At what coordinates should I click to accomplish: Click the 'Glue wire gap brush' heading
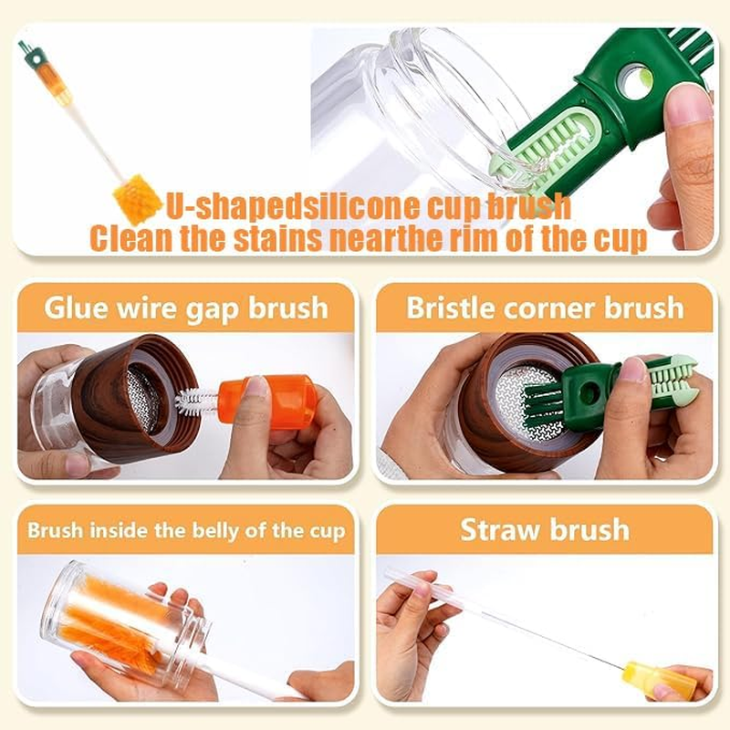[185, 307]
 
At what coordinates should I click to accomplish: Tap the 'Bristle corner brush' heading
[545, 307]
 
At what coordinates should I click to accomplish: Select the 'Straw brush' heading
[545, 530]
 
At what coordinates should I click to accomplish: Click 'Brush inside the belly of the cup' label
[185, 530]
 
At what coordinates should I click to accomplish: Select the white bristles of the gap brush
[197, 401]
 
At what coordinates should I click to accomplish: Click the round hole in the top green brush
[633, 83]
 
